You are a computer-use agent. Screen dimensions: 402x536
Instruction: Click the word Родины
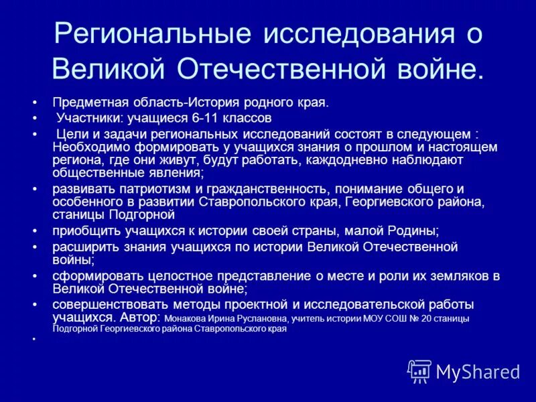415,231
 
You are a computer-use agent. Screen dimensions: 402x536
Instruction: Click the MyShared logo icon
419,371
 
